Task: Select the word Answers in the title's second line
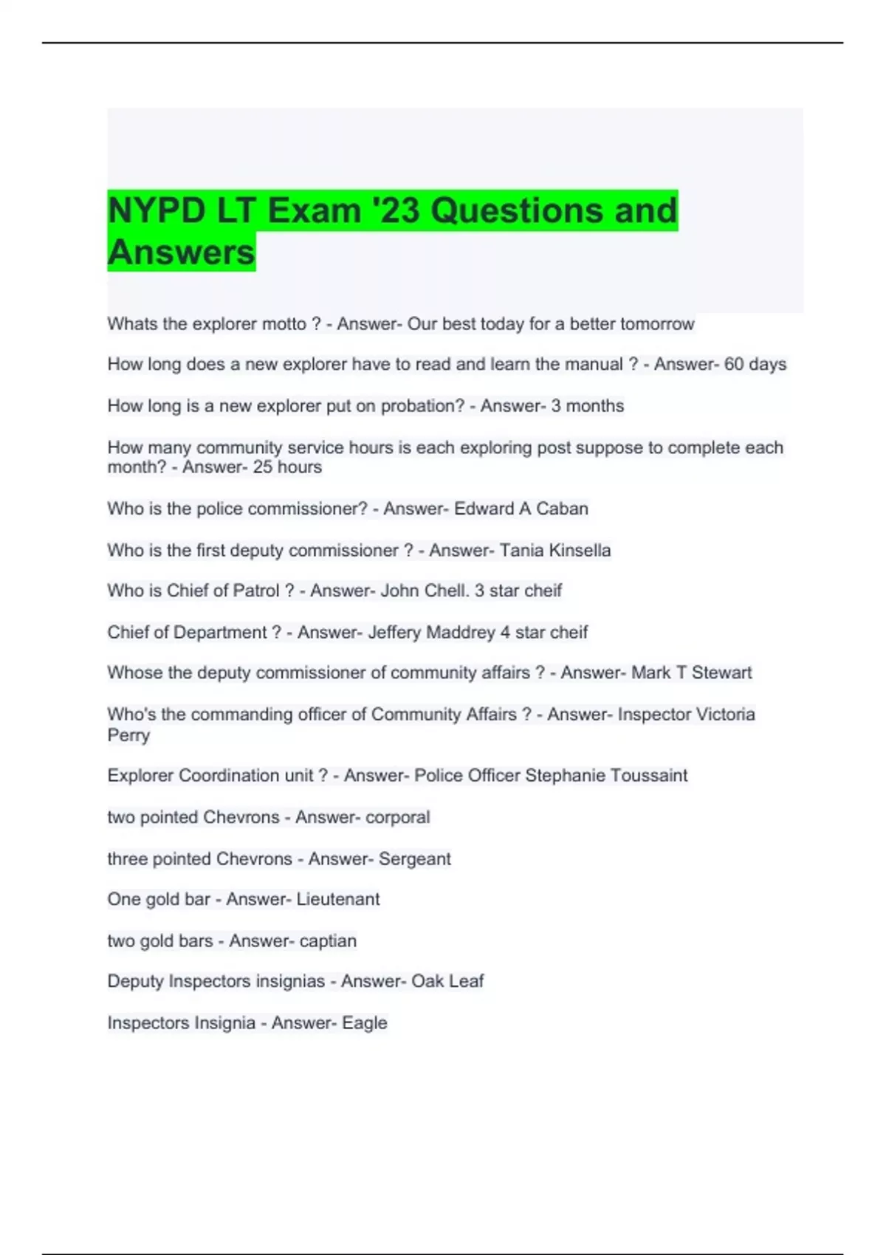[181, 252]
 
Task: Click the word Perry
[128, 735]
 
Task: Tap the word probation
[422, 405]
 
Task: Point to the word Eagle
[364, 1022]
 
